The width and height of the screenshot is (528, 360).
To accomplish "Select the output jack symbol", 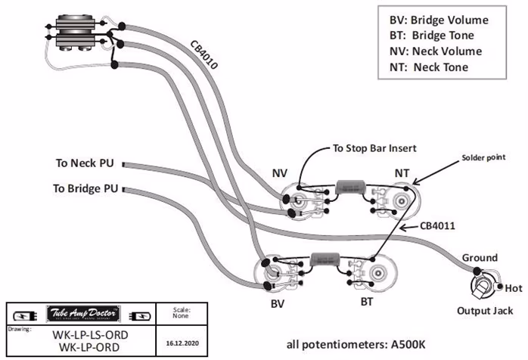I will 482,288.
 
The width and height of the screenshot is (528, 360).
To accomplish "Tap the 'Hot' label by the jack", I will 514,289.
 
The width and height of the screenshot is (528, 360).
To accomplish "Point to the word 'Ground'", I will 480,258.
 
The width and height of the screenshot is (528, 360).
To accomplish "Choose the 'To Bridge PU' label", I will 86,188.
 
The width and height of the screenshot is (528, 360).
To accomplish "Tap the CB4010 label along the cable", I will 203,54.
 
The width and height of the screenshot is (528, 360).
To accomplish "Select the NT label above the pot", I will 402,174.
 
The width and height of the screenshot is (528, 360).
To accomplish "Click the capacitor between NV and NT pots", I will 349,185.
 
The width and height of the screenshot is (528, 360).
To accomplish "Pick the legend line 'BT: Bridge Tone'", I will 431,36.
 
